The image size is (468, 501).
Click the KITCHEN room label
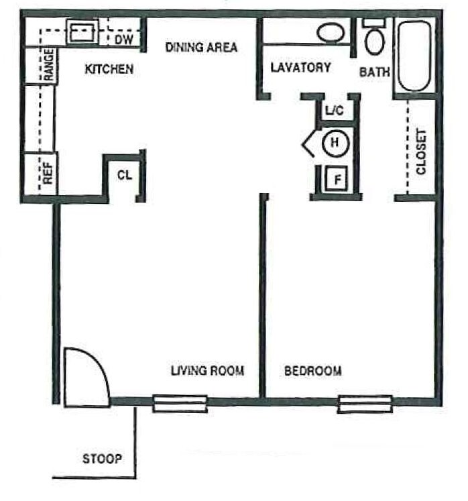pos(109,69)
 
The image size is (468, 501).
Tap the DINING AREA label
pos(201,48)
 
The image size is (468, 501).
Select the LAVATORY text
pos(300,67)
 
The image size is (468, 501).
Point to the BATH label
pos(374,72)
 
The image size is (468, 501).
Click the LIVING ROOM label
pos(207,370)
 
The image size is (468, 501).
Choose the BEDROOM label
pos(312,370)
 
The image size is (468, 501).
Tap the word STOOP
pos(102,459)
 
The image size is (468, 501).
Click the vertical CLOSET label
pos(421,152)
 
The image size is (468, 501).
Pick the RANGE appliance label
pos(49,65)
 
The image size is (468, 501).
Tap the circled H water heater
pos(333,142)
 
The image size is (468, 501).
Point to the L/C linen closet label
pos(334,111)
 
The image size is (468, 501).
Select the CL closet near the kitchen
pos(124,176)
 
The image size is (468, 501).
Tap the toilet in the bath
pos(374,38)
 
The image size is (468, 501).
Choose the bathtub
pos(414,56)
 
